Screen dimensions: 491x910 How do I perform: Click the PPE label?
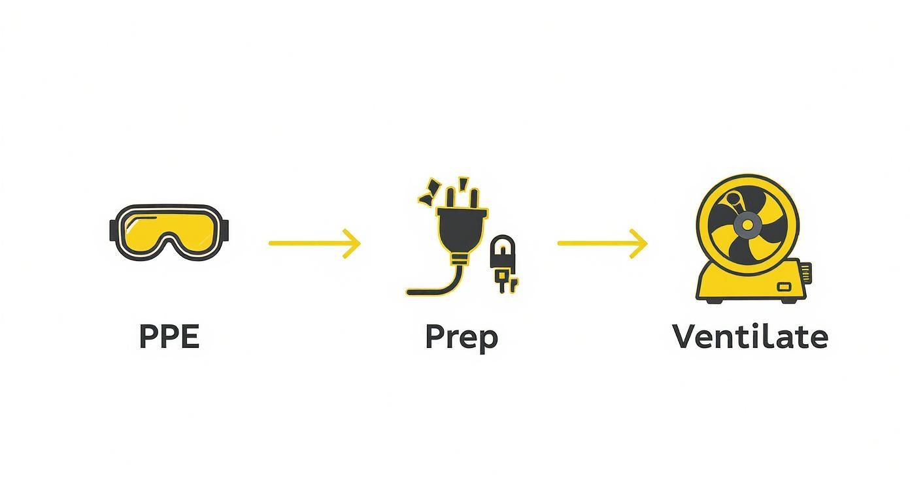click(x=169, y=337)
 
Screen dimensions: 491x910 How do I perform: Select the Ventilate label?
click(x=750, y=337)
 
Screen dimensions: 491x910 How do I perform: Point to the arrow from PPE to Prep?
click(x=314, y=243)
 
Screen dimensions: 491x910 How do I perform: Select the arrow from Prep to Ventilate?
click(x=602, y=243)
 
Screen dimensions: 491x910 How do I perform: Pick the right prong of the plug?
click(x=474, y=198)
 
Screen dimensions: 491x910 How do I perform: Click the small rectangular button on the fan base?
click(x=783, y=286)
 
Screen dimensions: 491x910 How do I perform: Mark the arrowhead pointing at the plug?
click(x=354, y=243)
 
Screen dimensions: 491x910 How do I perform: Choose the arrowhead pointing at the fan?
click(x=641, y=243)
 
